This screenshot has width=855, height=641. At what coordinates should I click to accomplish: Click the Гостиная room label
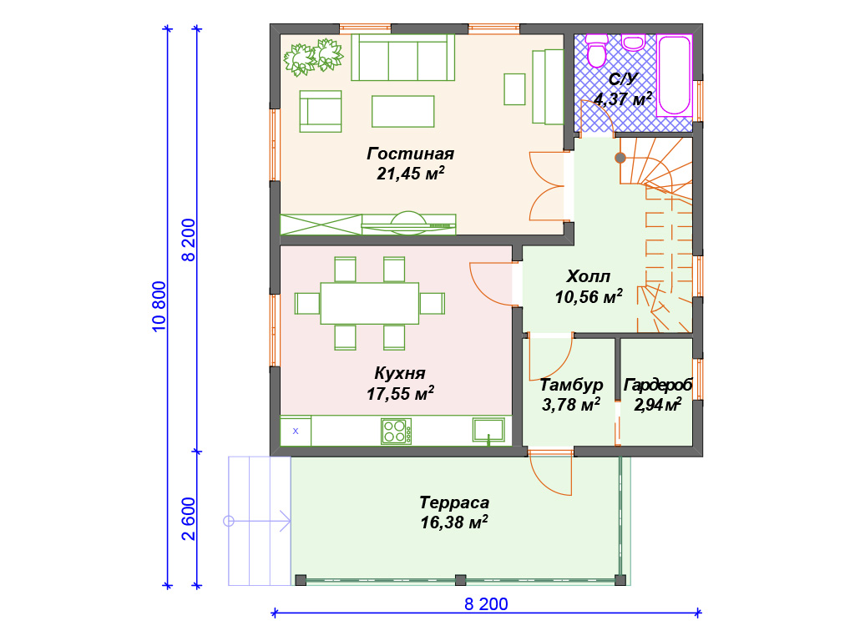[410, 154]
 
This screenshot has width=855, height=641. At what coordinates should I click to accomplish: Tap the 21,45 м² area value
[410, 174]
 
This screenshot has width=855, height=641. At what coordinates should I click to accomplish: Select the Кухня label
[400, 373]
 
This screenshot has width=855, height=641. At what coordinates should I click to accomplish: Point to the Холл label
[589, 276]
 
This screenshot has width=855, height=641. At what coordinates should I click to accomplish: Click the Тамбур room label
[571, 385]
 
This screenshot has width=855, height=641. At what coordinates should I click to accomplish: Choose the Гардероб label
[658, 385]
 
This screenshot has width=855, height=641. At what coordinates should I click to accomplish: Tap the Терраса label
[454, 502]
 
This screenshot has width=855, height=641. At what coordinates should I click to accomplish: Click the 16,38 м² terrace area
[453, 522]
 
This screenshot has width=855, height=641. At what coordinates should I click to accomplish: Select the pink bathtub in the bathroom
[675, 75]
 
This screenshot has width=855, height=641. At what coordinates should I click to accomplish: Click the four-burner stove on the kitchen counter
[397, 432]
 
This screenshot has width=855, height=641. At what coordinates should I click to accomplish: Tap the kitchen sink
[488, 430]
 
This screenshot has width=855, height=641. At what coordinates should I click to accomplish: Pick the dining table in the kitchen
[370, 303]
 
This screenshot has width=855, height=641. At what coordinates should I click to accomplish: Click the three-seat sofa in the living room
[403, 58]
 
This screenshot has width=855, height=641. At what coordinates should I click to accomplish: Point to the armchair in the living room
[321, 111]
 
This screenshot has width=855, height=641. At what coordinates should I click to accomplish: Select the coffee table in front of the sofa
[403, 111]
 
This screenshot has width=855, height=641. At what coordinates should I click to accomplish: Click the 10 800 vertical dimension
[158, 306]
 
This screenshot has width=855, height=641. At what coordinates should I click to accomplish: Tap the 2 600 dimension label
[189, 519]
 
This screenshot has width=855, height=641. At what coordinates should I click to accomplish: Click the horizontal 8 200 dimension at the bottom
[486, 604]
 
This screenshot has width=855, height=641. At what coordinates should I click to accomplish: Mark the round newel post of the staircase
[620, 158]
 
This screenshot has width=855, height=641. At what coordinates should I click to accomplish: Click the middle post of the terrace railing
[460, 580]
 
